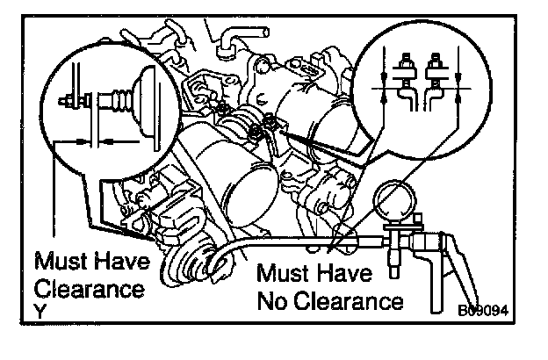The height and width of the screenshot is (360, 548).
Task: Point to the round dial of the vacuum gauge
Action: pyautogui.click(x=399, y=202)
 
